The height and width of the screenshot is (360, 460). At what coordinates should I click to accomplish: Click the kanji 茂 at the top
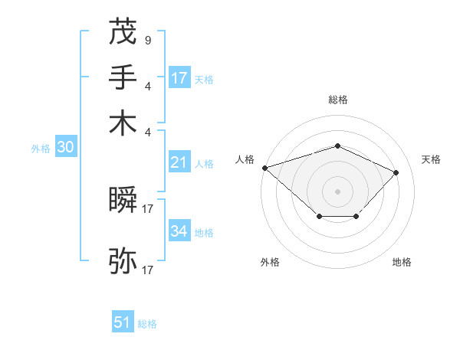tap(123, 33)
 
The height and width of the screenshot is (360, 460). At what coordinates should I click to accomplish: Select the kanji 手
tap(123, 77)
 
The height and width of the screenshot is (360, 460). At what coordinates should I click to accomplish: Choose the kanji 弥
tap(123, 260)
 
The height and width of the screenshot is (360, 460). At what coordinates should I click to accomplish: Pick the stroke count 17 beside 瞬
tap(148, 208)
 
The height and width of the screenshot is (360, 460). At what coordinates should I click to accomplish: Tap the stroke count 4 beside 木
tap(147, 131)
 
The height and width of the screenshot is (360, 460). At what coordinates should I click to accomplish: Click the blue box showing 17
tap(179, 77)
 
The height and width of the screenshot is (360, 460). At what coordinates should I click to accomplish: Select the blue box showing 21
tap(179, 162)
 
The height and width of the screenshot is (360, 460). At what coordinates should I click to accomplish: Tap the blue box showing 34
tap(179, 231)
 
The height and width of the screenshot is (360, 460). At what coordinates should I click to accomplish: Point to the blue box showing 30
tap(65, 148)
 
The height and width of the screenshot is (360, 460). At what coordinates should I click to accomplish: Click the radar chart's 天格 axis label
tap(431, 159)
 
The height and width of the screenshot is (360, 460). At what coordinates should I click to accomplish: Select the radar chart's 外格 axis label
tap(270, 262)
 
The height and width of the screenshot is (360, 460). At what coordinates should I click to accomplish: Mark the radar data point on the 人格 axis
tap(264, 168)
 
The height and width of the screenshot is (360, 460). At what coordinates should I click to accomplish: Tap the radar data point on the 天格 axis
tap(396, 172)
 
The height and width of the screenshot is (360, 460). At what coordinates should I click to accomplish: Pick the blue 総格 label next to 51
tap(147, 324)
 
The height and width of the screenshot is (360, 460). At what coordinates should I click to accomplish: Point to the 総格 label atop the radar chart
tap(337, 100)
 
